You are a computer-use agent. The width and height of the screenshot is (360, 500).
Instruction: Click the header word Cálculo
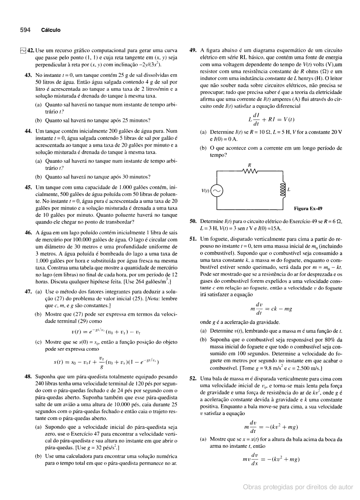click(50, 30)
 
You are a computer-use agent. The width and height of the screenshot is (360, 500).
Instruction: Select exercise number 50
click(193, 221)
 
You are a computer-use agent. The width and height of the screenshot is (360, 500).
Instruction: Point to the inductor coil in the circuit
click(283, 191)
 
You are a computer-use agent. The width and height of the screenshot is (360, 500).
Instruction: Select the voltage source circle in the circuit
click(217, 191)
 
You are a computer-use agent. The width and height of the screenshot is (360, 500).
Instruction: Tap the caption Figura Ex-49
click(308, 208)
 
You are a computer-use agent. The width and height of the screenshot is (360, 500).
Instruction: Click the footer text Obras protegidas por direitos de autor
click(298, 487)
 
